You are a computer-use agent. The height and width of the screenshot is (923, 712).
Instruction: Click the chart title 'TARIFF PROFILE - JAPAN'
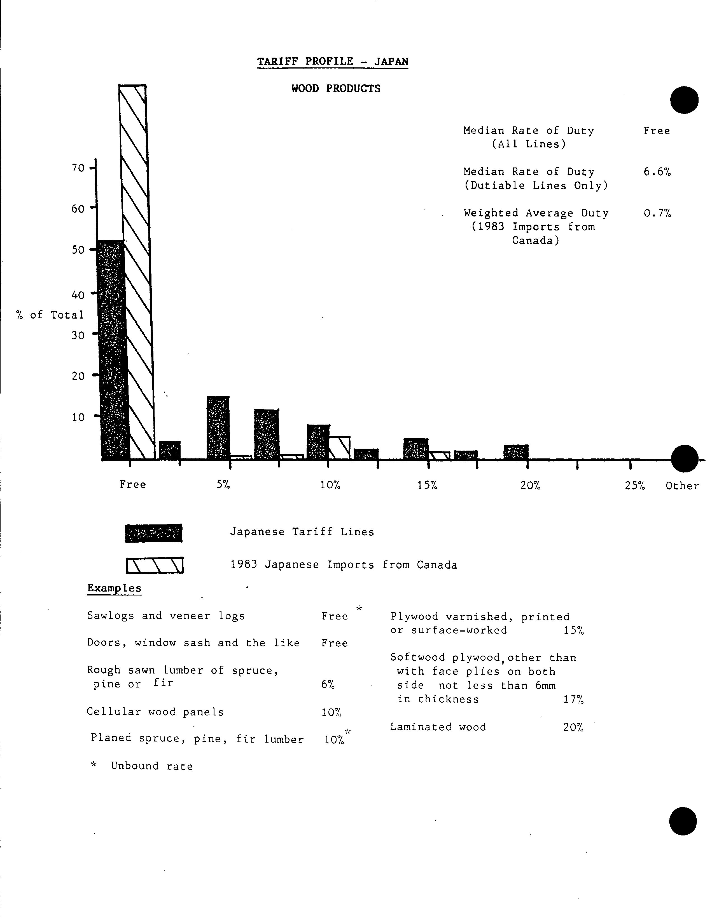coord(333,62)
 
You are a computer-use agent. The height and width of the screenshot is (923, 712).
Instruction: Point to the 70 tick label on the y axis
coord(78,168)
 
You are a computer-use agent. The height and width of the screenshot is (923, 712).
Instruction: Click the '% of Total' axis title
coord(50,315)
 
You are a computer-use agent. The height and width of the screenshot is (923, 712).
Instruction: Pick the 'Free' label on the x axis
coord(132,484)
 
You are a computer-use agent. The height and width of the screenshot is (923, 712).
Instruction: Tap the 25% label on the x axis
coord(634,486)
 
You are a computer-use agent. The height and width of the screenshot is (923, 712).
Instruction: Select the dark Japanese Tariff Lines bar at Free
coord(113,351)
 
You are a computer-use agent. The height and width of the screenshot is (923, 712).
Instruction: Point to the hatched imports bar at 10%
coord(339,448)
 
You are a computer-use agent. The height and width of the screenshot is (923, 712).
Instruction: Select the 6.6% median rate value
coord(657,172)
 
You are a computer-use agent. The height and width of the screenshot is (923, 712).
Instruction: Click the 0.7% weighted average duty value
coord(657,213)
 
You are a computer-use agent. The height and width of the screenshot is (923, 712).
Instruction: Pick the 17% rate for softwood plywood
coord(573,700)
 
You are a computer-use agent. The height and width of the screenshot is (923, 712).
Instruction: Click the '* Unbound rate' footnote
coord(142,766)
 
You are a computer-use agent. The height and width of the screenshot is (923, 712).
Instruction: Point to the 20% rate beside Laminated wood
coord(573,727)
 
